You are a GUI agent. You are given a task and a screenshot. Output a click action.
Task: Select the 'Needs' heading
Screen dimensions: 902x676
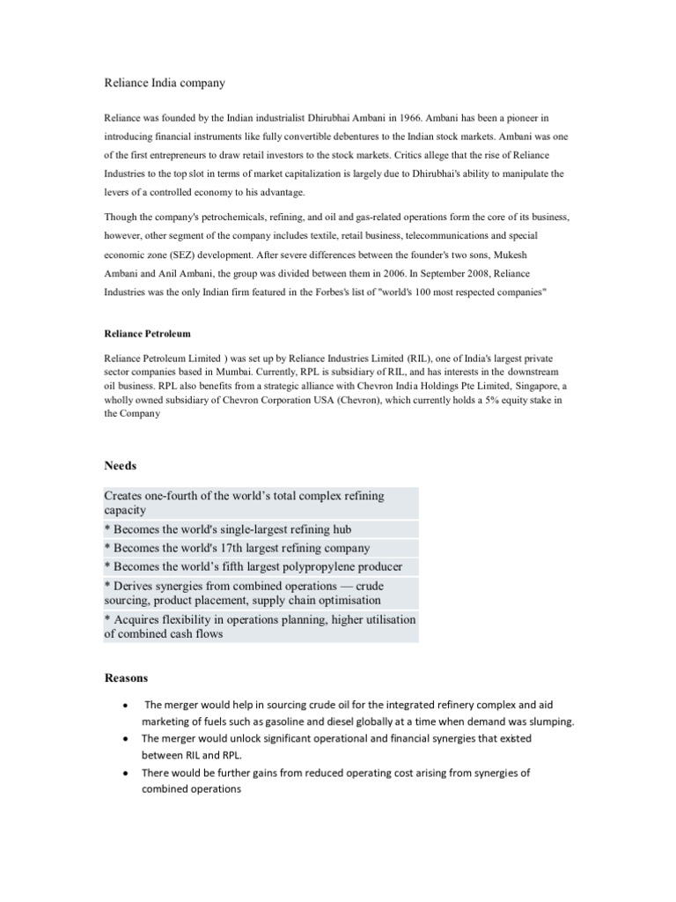(121, 465)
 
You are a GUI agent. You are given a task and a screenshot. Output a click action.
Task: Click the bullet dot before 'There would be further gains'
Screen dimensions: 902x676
(129, 773)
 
